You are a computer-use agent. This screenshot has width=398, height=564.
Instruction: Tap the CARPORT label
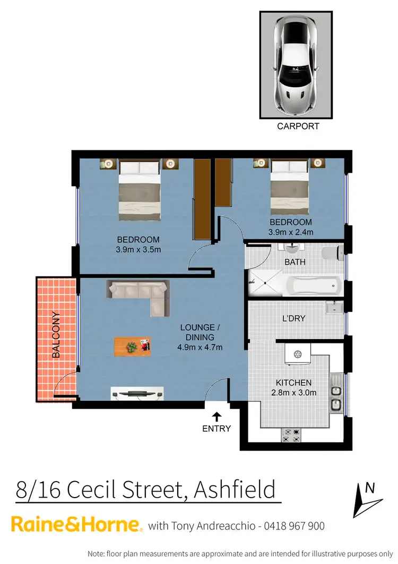(x=298, y=127)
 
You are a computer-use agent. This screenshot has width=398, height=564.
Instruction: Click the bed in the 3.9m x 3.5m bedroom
(x=139, y=191)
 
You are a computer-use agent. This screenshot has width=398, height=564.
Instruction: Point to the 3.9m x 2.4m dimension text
(x=290, y=232)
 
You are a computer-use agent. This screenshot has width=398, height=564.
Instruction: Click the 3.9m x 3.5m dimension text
(x=138, y=249)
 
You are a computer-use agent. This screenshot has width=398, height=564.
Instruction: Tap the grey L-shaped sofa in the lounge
(x=140, y=294)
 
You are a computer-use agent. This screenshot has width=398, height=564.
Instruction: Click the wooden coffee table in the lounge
(x=133, y=346)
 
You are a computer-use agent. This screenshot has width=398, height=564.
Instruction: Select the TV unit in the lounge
(x=134, y=394)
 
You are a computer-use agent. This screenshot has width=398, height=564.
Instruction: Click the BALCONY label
(x=56, y=335)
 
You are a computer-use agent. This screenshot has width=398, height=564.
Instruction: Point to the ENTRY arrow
(x=217, y=416)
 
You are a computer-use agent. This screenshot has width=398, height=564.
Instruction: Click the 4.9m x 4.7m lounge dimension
(x=200, y=347)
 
